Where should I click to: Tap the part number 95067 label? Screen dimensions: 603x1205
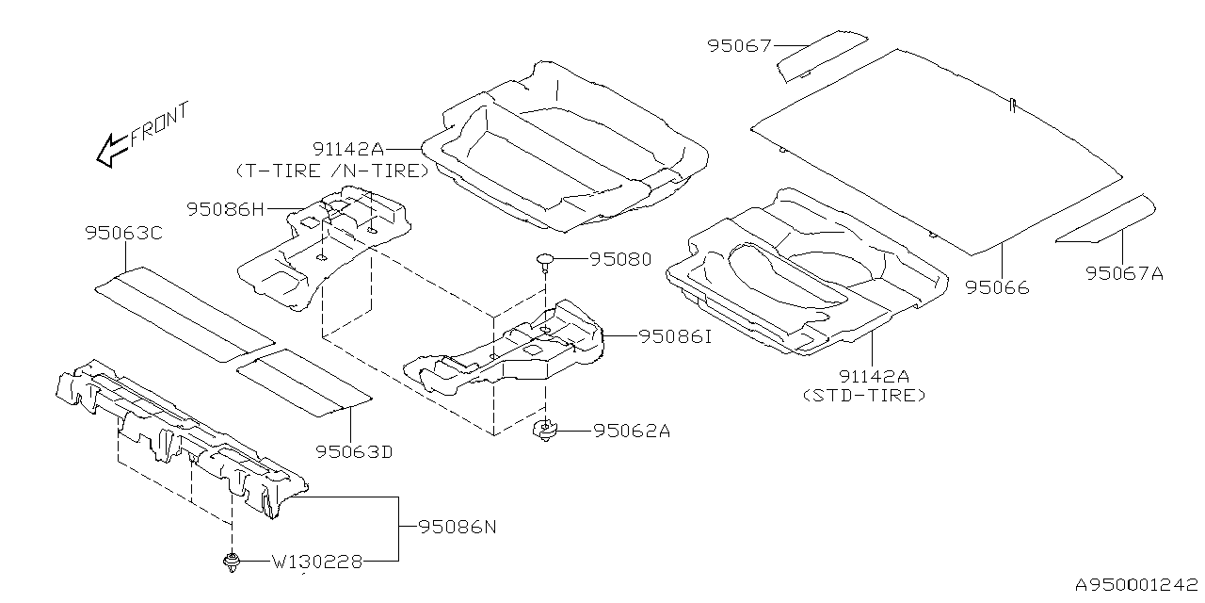click(738, 45)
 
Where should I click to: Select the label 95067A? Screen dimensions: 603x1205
click(1123, 273)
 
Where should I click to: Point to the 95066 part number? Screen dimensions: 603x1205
click(997, 287)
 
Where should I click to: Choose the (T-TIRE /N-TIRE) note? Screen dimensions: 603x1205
click(331, 171)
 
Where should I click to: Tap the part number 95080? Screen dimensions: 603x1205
click(620, 258)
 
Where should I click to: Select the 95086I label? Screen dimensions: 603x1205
click(675, 335)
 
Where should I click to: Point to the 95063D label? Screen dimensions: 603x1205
click(353, 452)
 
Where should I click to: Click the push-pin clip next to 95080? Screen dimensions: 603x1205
click(545, 261)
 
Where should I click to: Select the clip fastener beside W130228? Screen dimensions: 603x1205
click(230, 563)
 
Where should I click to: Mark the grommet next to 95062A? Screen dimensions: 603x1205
click(545, 432)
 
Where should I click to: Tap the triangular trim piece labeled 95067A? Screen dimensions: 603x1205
click(1105, 220)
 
